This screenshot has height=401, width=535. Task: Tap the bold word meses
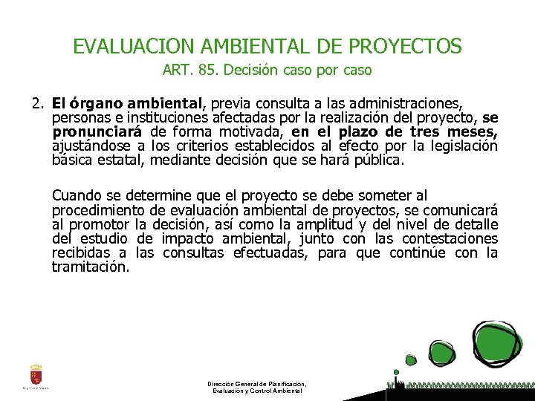(x=473, y=131)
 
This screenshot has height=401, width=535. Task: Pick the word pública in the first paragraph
(x=380, y=160)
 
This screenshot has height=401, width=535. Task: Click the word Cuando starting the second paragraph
(x=77, y=196)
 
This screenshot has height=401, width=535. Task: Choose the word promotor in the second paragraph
(x=102, y=224)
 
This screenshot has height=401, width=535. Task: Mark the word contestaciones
(x=449, y=238)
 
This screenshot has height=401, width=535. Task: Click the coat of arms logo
(x=36, y=374)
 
